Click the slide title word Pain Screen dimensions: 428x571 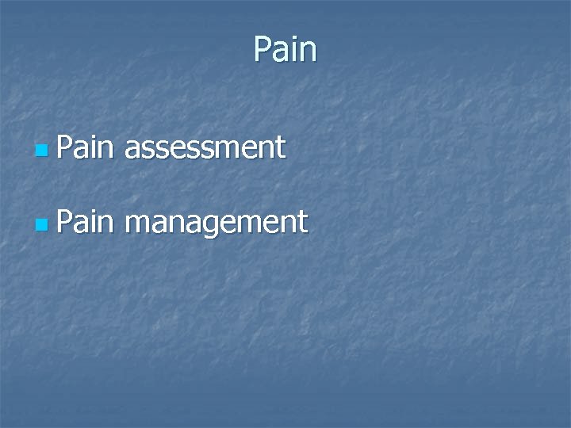point(285,50)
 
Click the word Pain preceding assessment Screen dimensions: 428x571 point(86,147)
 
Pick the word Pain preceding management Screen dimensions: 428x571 point(86,222)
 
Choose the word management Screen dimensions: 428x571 point(216,223)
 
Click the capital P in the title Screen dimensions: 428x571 point(263,50)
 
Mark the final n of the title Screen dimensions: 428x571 point(308,52)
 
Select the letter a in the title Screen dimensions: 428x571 point(280,52)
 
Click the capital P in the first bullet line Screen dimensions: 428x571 point(65,147)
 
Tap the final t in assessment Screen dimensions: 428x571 point(279,147)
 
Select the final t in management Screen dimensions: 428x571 point(302,223)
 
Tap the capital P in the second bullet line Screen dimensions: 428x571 point(65,222)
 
